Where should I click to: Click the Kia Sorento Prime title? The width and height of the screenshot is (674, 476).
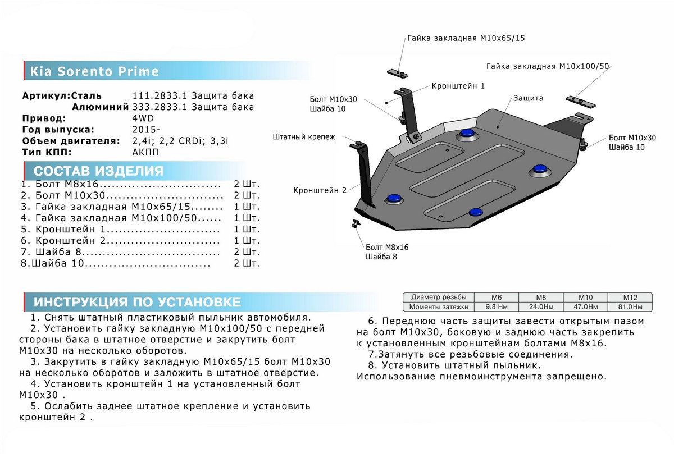(x=94, y=72)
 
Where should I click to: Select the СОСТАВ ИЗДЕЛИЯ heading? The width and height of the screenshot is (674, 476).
(x=98, y=171)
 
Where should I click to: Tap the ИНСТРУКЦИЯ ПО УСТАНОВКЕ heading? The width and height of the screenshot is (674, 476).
(x=137, y=302)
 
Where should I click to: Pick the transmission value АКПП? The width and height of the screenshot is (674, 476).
(x=144, y=153)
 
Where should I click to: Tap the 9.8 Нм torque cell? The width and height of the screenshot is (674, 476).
(x=492, y=307)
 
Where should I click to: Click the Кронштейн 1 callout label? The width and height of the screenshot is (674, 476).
(x=458, y=86)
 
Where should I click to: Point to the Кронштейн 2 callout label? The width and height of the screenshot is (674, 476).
(x=319, y=190)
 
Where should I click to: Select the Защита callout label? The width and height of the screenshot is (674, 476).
(x=527, y=98)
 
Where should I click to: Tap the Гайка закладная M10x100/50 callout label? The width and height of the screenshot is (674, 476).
(x=548, y=66)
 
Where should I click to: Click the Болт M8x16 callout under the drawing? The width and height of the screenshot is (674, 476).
(x=386, y=247)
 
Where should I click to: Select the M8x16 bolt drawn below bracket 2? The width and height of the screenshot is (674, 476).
(x=356, y=224)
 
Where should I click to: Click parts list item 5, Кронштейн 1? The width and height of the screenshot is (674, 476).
(x=120, y=230)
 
